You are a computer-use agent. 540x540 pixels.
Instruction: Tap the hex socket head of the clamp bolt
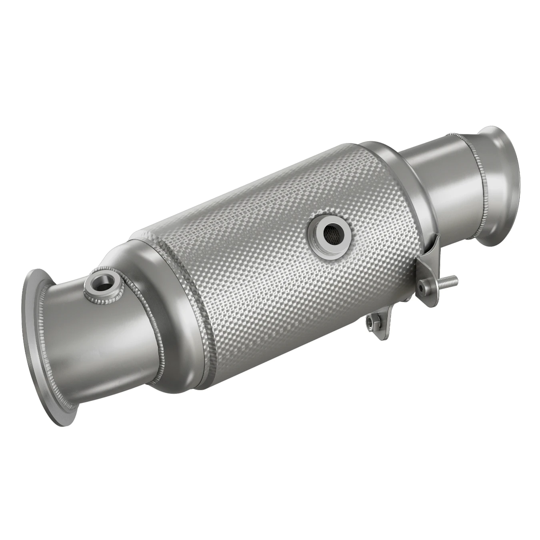(423, 286)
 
